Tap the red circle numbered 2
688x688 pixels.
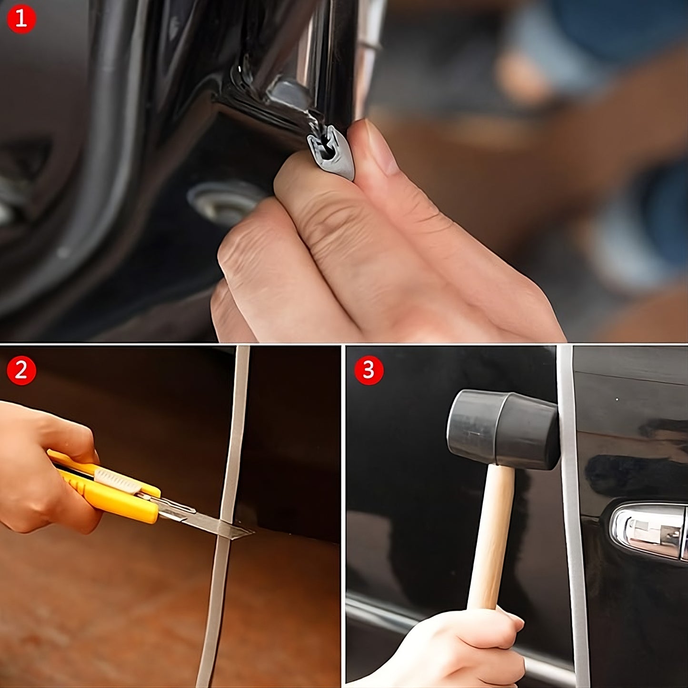pos(21,370)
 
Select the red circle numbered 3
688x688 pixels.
pos(369,370)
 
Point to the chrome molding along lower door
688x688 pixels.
pos(381,614)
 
